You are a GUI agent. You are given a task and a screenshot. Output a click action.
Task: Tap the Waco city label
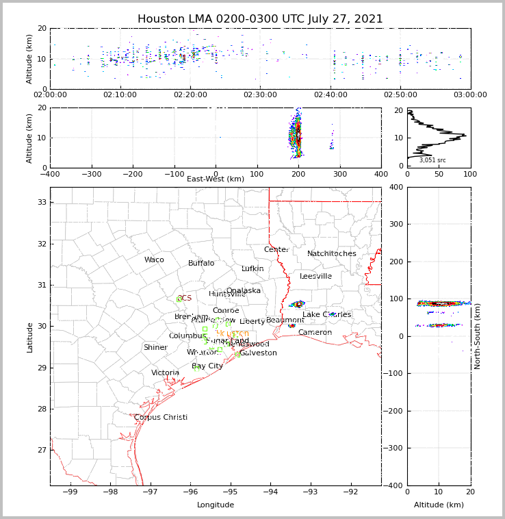pyautogui.click(x=154, y=260)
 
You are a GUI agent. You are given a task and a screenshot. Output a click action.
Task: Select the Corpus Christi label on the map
pyautogui.click(x=161, y=418)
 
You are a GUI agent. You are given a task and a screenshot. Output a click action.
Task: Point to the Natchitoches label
pyautogui.click(x=332, y=254)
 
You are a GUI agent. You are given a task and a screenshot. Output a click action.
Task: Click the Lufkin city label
pyautogui.click(x=252, y=269)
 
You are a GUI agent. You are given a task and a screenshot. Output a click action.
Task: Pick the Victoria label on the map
pyautogui.click(x=166, y=373)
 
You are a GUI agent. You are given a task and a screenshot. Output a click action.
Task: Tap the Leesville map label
pyautogui.click(x=315, y=277)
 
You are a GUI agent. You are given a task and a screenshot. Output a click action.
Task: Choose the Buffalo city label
pyautogui.click(x=201, y=264)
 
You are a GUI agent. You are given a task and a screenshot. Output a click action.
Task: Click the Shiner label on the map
pyautogui.click(x=155, y=348)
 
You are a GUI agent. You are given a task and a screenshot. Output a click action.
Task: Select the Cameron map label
pyautogui.click(x=315, y=333)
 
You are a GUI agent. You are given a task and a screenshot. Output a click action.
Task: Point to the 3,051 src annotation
pyautogui.click(x=432, y=160)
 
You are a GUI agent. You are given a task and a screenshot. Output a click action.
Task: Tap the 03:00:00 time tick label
pyautogui.click(x=470, y=95)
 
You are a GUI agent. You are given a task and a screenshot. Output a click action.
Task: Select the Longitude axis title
pyautogui.click(x=216, y=505)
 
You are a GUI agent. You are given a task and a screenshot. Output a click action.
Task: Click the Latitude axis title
pyautogui.click(x=29, y=337)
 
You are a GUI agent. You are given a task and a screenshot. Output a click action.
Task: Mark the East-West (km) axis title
pyautogui.click(x=216, y=179)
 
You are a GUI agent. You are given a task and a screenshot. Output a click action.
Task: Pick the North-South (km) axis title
pyautogui.click(x=478, y=336)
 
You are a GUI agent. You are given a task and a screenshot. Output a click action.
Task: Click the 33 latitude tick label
pyautogui.click(x=41, y=203)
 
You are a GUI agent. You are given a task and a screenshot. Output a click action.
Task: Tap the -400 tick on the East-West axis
pyautogui.click(x=50, y=174)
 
